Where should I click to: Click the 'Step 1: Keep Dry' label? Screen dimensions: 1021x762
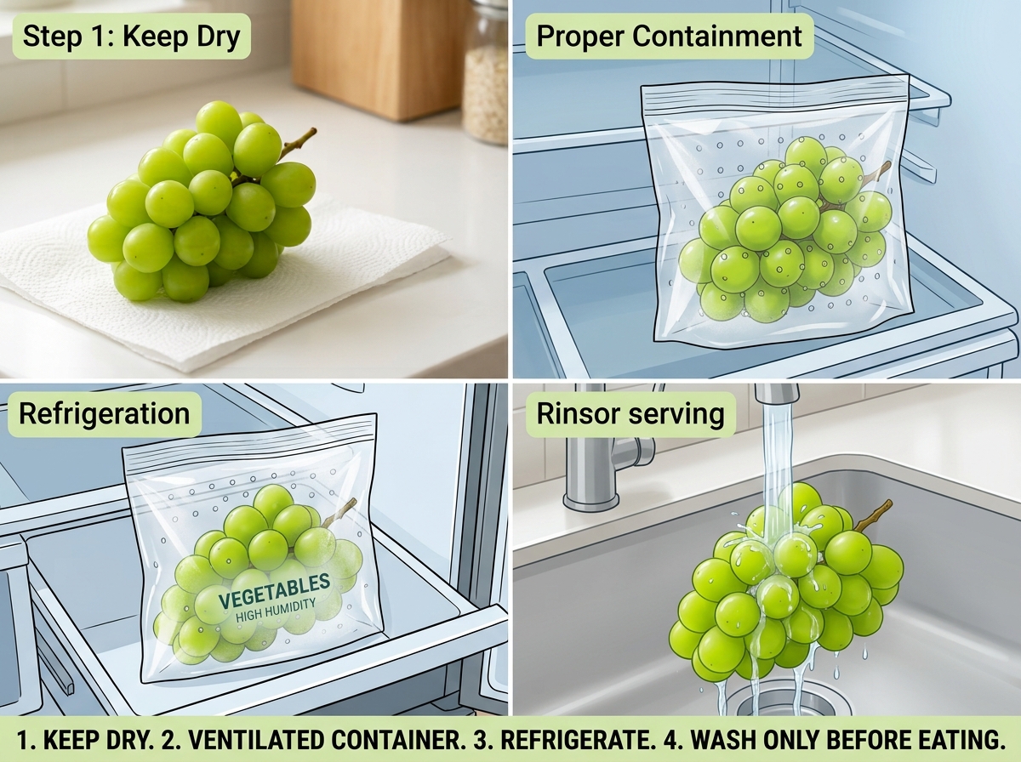click(x=131, y=36)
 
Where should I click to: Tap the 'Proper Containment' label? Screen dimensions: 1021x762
click(x=669, y=36)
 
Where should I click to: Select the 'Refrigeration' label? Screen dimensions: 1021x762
click(x=105, y=414)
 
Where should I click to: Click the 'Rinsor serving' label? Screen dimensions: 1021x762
click(x=630, y=414)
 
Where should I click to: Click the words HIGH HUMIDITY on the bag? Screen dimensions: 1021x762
click(x=276, y=611)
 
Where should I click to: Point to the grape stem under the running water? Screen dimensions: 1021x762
click(x=872, y=516)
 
